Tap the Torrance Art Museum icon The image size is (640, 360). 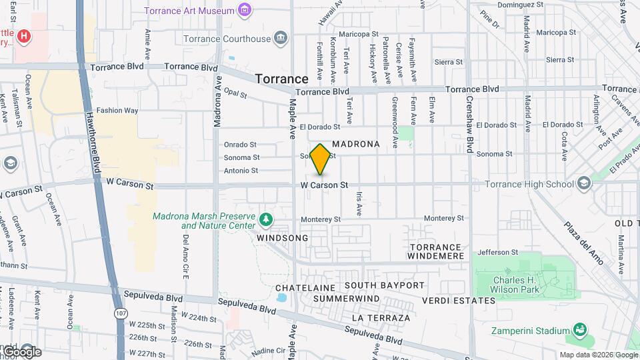pos(245,10)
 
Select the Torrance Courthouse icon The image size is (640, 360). pos(281,38)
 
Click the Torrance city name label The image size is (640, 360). pos(281,79)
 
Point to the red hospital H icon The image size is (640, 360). pos(25,35)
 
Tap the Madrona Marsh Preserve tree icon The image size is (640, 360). pos(266,219)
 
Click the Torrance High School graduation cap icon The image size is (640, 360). pos(584,183)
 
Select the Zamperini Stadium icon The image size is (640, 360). pos(580,330)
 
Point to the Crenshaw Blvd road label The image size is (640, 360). pos(469,127)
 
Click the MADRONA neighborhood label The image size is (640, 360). pos(355,144)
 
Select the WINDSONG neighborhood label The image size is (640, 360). pos(282,238)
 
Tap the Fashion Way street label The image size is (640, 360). pos(117,111)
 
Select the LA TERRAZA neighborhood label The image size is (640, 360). pos(381,318)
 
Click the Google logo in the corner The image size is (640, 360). pos(21,352)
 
